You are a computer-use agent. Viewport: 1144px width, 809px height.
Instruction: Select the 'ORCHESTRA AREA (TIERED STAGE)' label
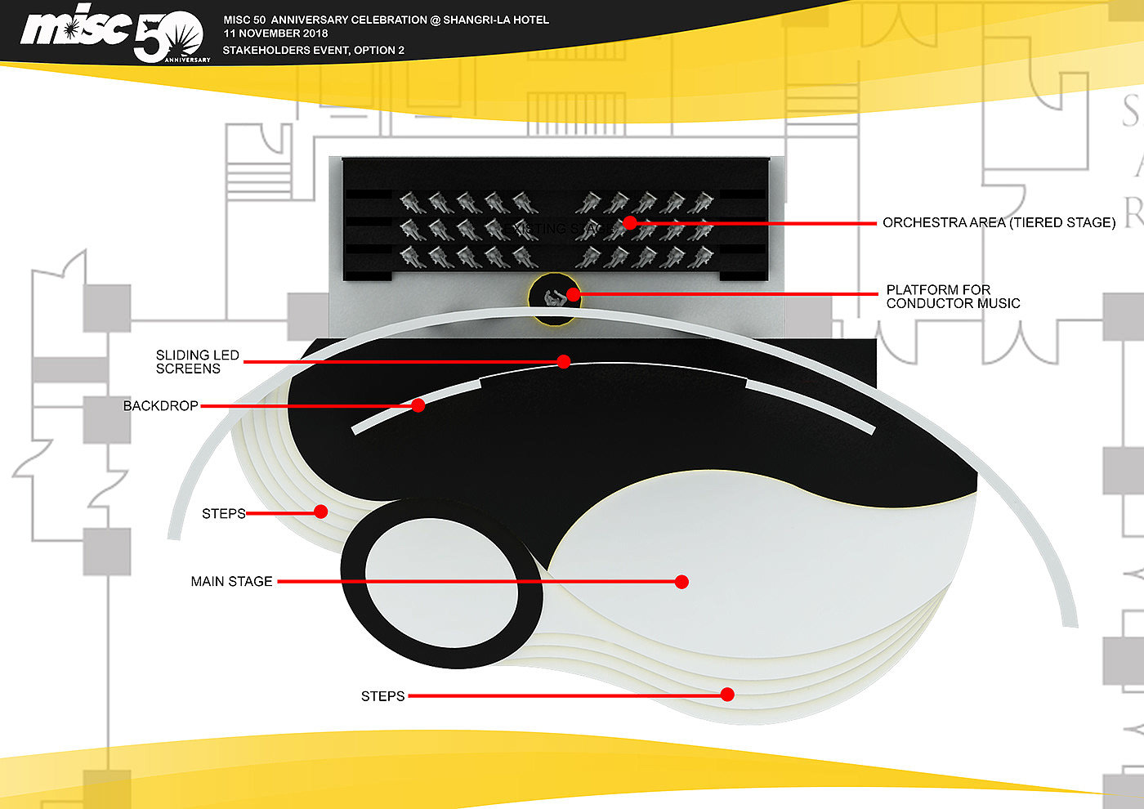coord(999,222)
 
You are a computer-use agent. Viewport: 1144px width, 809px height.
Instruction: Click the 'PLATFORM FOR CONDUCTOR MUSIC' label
coord(953,297)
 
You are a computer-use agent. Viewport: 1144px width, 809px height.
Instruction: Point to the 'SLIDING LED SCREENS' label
coord(197,362)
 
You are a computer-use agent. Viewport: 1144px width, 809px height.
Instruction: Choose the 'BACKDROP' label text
coord(160,406)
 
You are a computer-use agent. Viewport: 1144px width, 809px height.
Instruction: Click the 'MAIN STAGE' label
coord(231,582)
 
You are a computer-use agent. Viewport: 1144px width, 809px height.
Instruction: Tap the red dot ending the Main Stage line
coord(681,582)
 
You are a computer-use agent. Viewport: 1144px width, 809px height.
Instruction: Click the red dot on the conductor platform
coord(573,294)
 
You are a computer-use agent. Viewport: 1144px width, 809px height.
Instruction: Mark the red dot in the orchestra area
coord(629,222)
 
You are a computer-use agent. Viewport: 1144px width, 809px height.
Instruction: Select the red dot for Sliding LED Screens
coord(563,361)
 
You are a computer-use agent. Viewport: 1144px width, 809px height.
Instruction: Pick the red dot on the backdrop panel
coord(418,405)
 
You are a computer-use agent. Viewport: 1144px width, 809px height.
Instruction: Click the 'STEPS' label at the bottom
coord(382,696)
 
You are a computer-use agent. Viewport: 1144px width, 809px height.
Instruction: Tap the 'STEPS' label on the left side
coord(223,514)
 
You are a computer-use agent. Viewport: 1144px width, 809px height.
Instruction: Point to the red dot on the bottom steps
coord(726,695)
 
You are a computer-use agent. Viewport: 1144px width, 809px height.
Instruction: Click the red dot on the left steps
coord(321,512)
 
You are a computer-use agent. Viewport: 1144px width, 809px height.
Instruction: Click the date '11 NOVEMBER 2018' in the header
coord(275,34)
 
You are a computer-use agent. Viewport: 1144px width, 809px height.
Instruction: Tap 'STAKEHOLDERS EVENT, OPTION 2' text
coord(314,51)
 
